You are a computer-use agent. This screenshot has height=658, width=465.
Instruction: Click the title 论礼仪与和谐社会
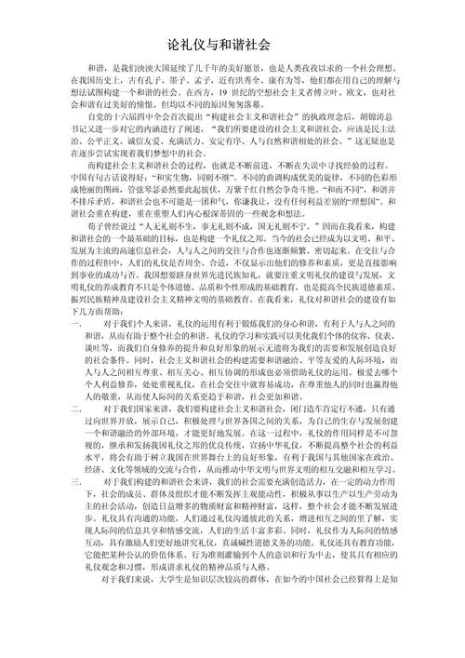[232, 44]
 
